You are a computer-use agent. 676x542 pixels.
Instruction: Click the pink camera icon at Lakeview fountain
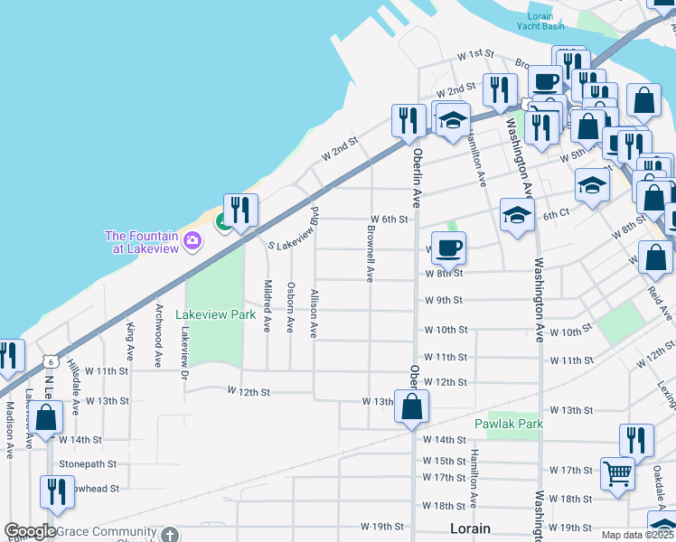click(192, 240)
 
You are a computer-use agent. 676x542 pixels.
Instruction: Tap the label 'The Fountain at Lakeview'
click(142, 242)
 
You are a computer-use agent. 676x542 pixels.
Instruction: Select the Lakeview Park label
click(215, 315)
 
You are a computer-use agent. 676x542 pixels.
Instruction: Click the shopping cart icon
click(617, 472)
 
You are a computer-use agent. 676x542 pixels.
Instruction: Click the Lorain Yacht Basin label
click(541, 21)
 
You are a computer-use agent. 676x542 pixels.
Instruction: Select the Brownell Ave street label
click(370, 254)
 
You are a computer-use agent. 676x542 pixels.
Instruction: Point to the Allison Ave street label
click(314, 313)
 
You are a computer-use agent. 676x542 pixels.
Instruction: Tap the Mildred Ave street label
click(268, 305)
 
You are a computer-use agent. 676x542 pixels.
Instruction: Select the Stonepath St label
click(88, 463)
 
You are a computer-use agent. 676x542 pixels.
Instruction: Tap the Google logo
click(30, 531)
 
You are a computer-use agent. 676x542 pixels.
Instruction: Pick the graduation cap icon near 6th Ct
click(516, 215)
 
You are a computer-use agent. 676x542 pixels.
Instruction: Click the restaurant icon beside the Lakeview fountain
click(240, 210)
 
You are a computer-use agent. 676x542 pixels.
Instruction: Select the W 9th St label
click(444, 300)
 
